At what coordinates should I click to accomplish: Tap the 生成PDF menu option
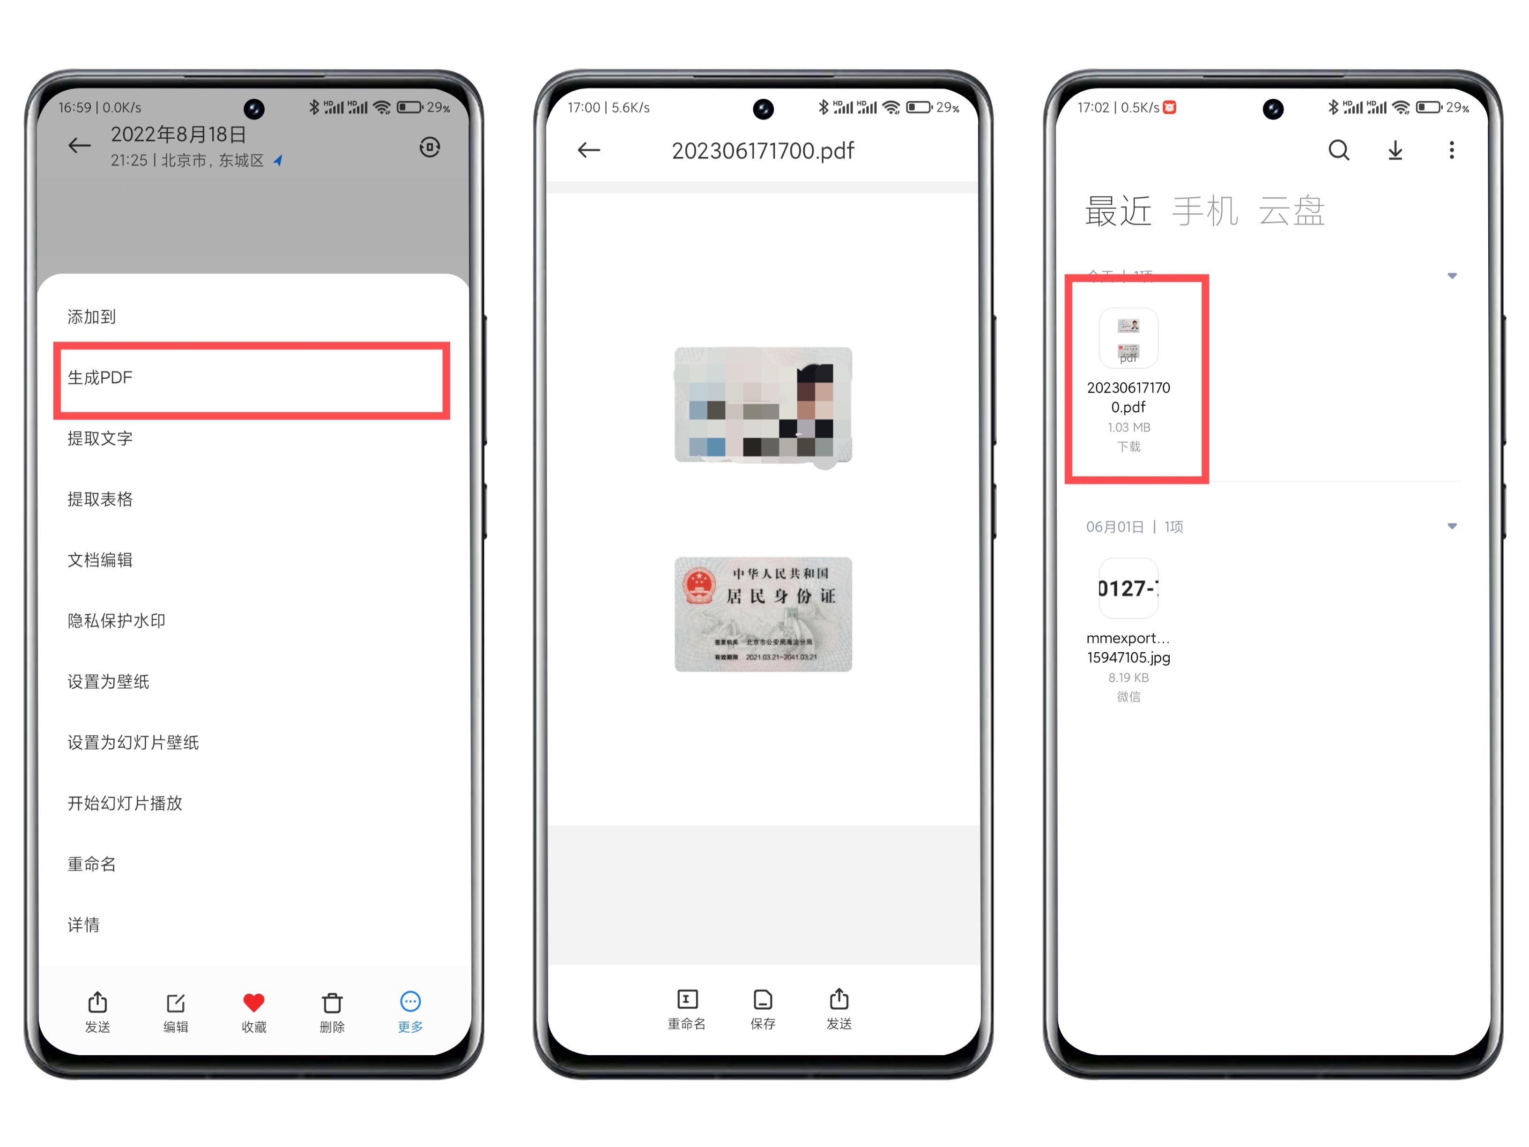point(100,378)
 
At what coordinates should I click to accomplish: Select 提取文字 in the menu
point(100,439)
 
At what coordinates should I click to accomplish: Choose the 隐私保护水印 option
point(116,621)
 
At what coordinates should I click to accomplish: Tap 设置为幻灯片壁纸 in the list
point(133,743)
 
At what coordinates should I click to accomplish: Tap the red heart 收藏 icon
point(254,1003)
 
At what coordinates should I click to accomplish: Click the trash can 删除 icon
point(332,1003)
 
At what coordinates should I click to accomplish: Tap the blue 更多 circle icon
point(410,1002)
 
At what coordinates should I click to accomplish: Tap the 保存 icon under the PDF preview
point(763,1000)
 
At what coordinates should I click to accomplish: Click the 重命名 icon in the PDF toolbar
point(686,1000)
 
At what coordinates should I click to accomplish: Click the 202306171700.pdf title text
point(763,151)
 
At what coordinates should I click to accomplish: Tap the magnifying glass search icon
point(1339,150)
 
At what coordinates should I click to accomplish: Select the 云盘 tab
point(1291,211)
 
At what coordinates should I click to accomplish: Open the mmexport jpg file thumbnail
point(1128,588)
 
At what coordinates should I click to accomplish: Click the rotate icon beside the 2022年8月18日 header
point(429,147)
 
